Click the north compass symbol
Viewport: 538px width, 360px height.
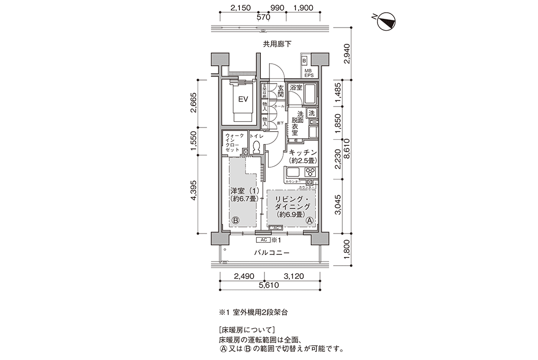coord(388,20)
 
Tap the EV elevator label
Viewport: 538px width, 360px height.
coord(243,99)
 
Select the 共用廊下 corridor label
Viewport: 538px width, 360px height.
coord(277,44)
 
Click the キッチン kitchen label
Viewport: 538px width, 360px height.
coord(303,152)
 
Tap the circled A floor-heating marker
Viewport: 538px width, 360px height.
coord(310,221)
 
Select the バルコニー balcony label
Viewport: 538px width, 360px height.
coord(272,253)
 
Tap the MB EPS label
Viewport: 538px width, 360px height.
coord(308,72)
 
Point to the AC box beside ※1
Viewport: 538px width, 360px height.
coord(263,239)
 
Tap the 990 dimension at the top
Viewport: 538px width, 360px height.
coord(277,8)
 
